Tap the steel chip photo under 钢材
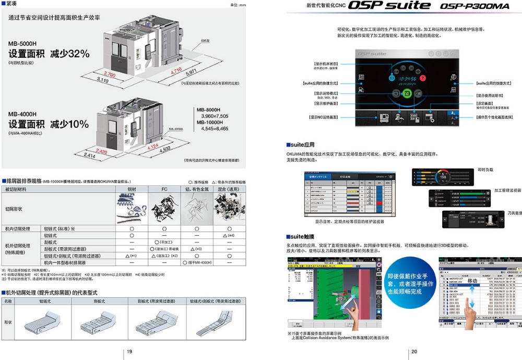(x=132, y=207)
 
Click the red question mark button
(x=423, y=78)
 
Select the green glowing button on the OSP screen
(x=408, y=93)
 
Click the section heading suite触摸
(x=304, y=236)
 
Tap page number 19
(x=129, y=352)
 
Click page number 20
(x=414, y=352)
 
